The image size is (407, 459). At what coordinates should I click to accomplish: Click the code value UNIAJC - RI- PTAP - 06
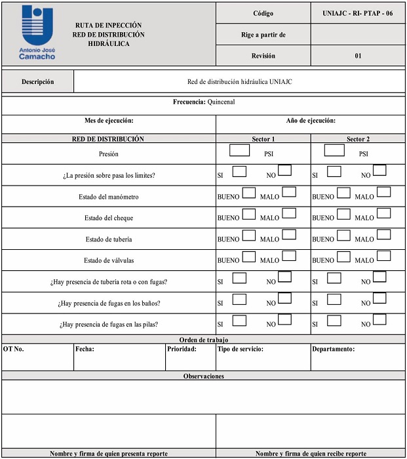[x=358, y=13]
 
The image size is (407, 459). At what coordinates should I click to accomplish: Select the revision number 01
[x=358, y=56]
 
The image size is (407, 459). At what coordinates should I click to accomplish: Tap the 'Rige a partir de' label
[x=263, y=34]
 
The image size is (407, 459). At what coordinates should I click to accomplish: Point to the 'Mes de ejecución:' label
[x=108, y=121]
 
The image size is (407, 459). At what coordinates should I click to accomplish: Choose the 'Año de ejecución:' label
[x=311, y=121]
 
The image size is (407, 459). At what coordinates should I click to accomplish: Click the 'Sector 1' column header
[x=263, y=139]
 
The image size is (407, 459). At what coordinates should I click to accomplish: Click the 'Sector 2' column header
[x=358, y=139]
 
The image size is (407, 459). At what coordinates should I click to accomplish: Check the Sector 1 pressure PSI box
[x=240, y=150]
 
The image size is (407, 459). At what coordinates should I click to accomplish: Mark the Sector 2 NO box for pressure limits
[x=379, y=170]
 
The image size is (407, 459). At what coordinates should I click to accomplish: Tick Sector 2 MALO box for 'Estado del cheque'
[x=383, y=213]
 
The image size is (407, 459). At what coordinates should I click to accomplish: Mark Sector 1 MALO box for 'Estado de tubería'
[x=289, y=235]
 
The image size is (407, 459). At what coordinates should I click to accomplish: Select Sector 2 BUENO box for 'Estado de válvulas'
[x=343, y=256]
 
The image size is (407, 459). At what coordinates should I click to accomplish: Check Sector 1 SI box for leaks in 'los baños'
[x=239, y=298]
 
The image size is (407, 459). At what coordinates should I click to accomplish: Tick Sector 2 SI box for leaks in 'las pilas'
[x=334, y=320]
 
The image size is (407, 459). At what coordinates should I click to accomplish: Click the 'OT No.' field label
[x=14, y=349]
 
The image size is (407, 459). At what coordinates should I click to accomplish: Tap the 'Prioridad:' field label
[x=182, y=349]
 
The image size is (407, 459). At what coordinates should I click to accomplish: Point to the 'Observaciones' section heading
[x=204, y=376]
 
